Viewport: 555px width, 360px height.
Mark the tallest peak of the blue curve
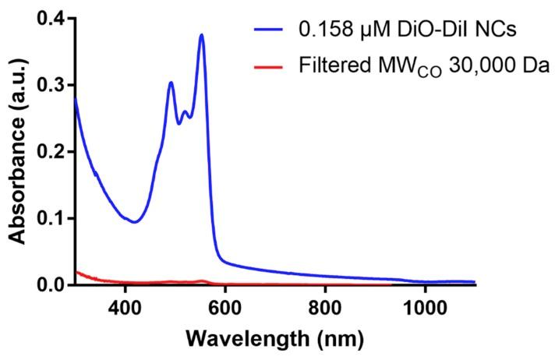(x=201, y=34)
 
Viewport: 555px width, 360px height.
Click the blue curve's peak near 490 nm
(x=171, y=82)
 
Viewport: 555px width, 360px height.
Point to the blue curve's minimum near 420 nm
(x=135, y=222)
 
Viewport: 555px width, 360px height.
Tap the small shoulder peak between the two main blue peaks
(x=186, y=112)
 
